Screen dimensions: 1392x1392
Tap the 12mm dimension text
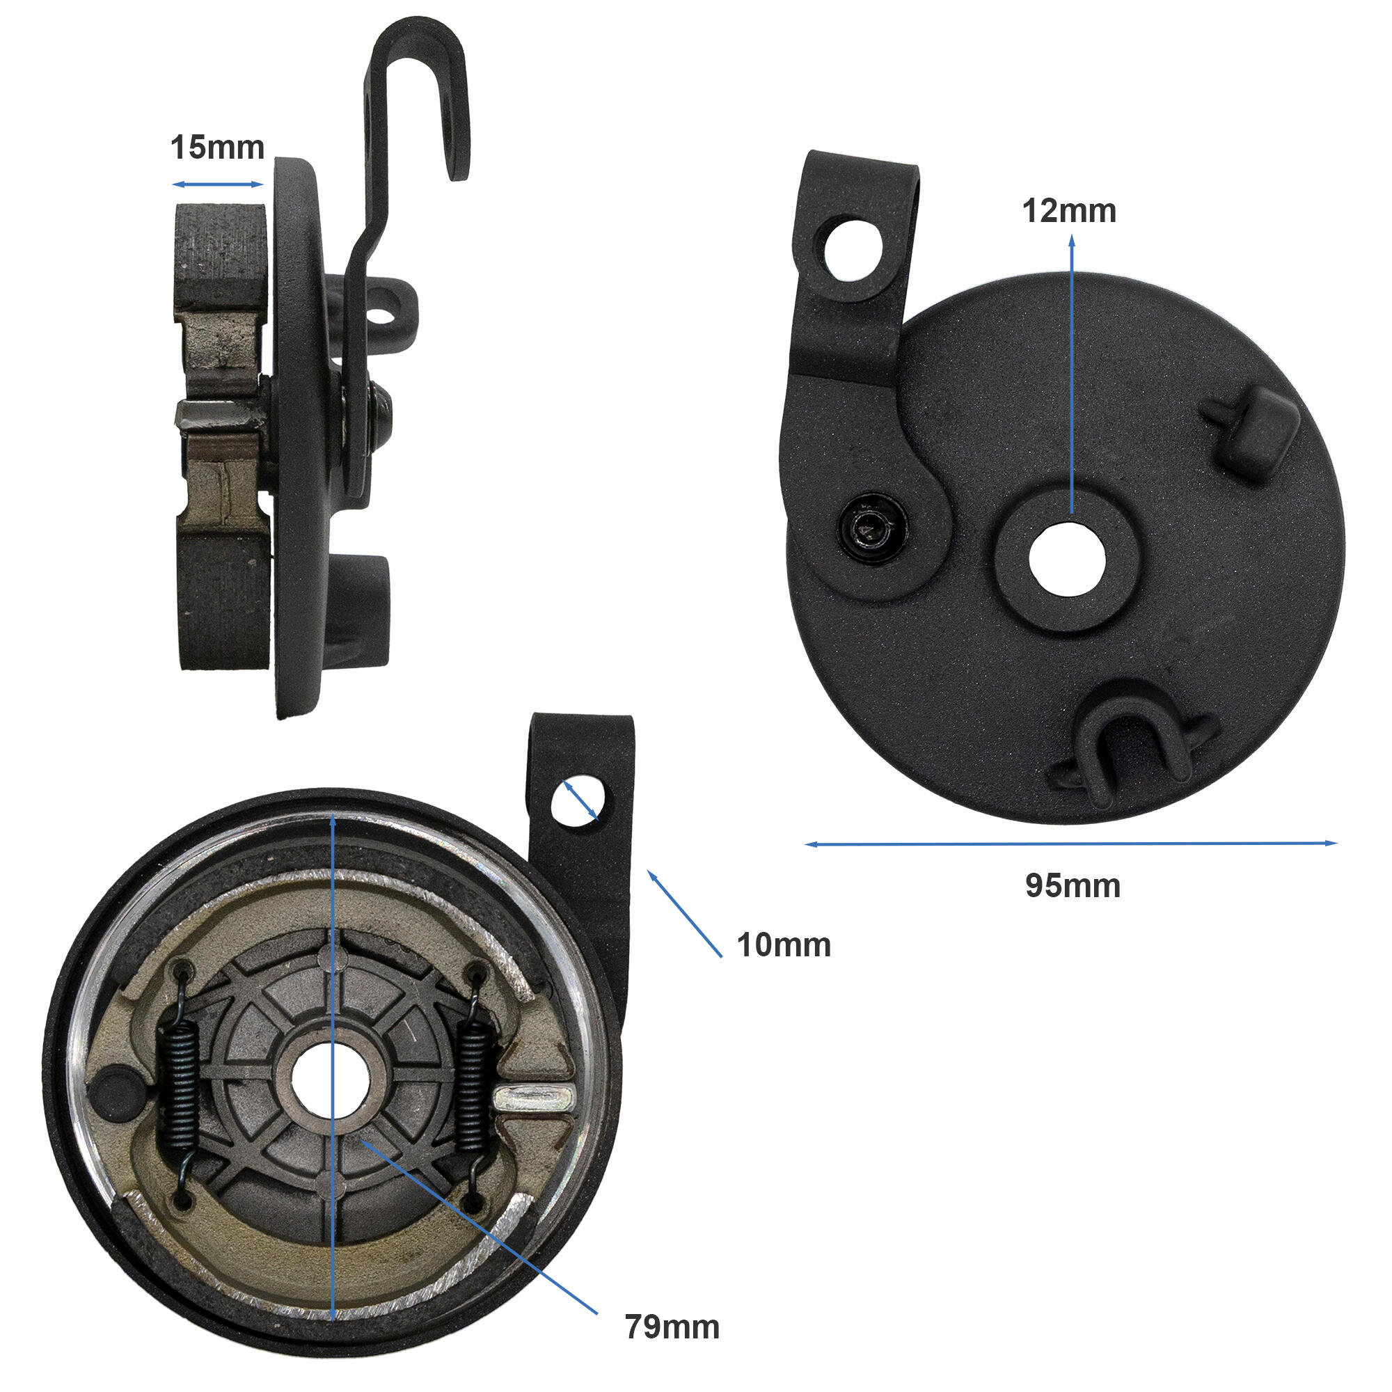tap(1069, 210)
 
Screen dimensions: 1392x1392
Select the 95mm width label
tap(1073, 885)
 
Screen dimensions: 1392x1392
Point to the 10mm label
tap(783, 944)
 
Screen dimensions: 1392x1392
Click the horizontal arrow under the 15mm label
tap(218, 184)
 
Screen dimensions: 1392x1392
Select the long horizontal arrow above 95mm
tap(1070, 843)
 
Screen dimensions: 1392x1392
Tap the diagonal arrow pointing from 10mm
tap(684, 913)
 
